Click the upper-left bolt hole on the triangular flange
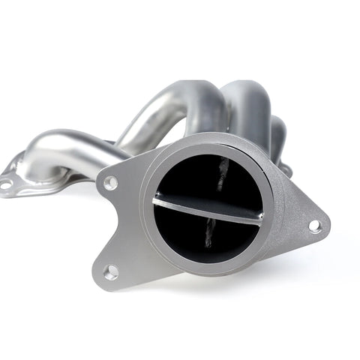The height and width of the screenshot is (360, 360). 111,181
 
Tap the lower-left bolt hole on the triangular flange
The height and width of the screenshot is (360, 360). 110,271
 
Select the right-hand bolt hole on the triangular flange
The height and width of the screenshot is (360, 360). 314,224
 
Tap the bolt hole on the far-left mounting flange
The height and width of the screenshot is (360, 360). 5,183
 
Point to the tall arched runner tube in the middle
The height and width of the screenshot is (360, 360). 161,112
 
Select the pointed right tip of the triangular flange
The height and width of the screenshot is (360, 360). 326,225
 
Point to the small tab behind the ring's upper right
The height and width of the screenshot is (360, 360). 285,169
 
